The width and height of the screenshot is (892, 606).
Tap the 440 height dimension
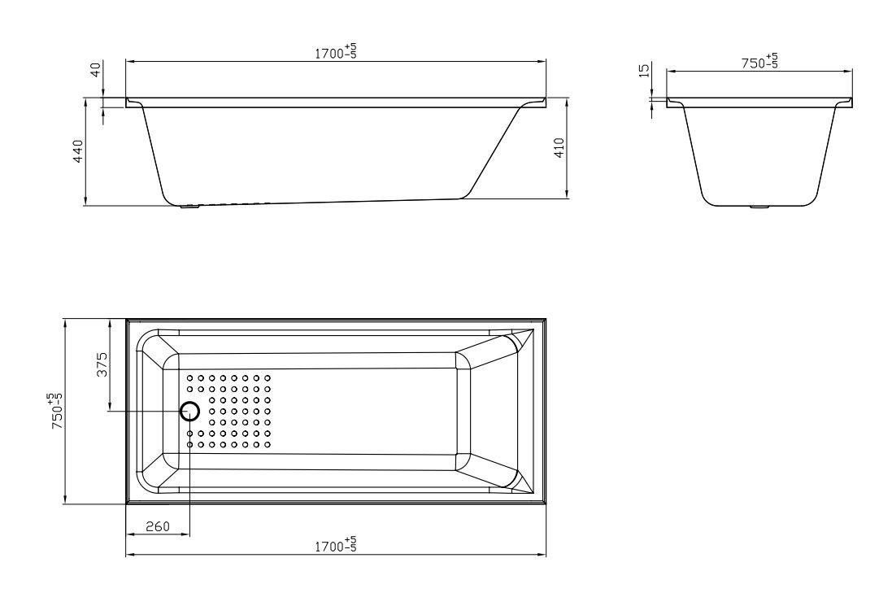(x=78, y=151)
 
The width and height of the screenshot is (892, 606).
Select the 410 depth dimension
(x=559, y=148)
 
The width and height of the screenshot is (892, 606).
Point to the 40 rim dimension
(x=96, y=69)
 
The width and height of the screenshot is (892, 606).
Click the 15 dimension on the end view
(x=644, y=71)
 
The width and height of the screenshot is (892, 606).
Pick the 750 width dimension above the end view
(x=759, y=62)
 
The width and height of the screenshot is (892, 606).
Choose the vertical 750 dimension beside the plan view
(x=58, y=410)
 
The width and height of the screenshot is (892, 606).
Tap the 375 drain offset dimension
(x=102, y=364)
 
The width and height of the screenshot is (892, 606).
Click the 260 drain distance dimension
(x=158, y=527)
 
